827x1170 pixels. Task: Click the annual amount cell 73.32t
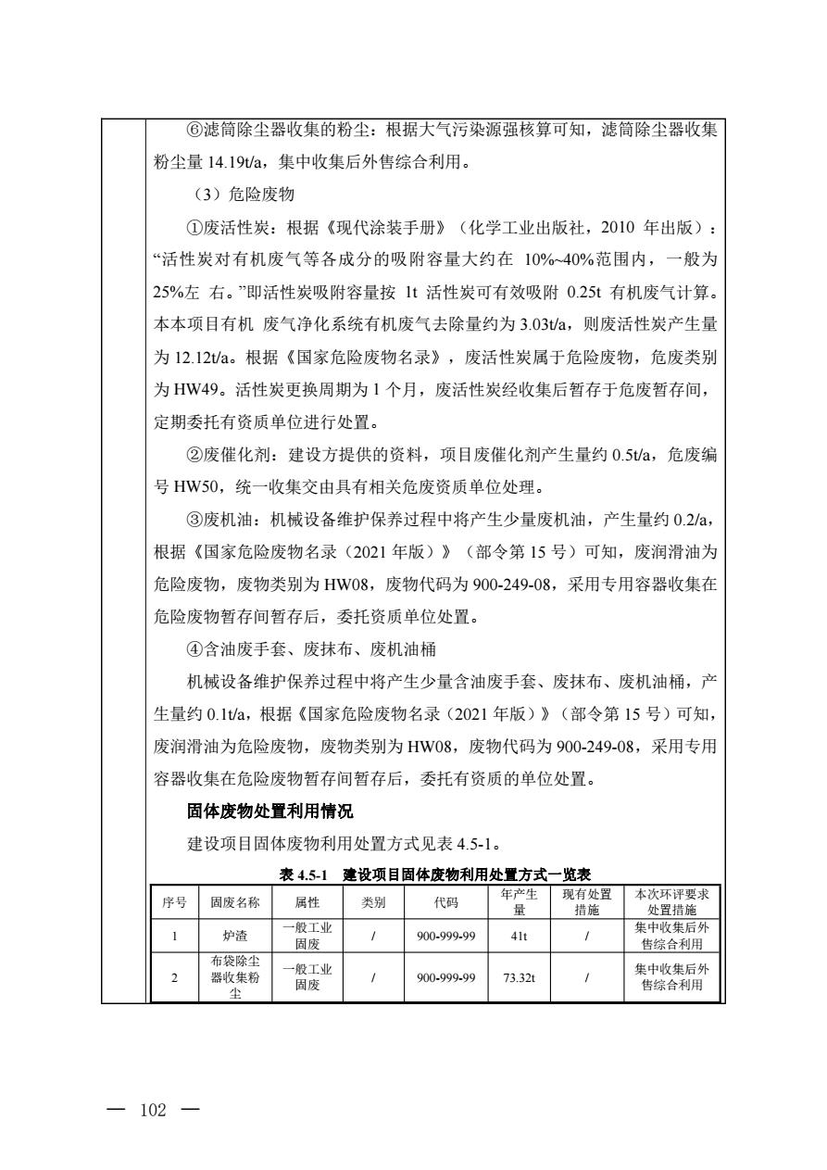coord(520,978)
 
